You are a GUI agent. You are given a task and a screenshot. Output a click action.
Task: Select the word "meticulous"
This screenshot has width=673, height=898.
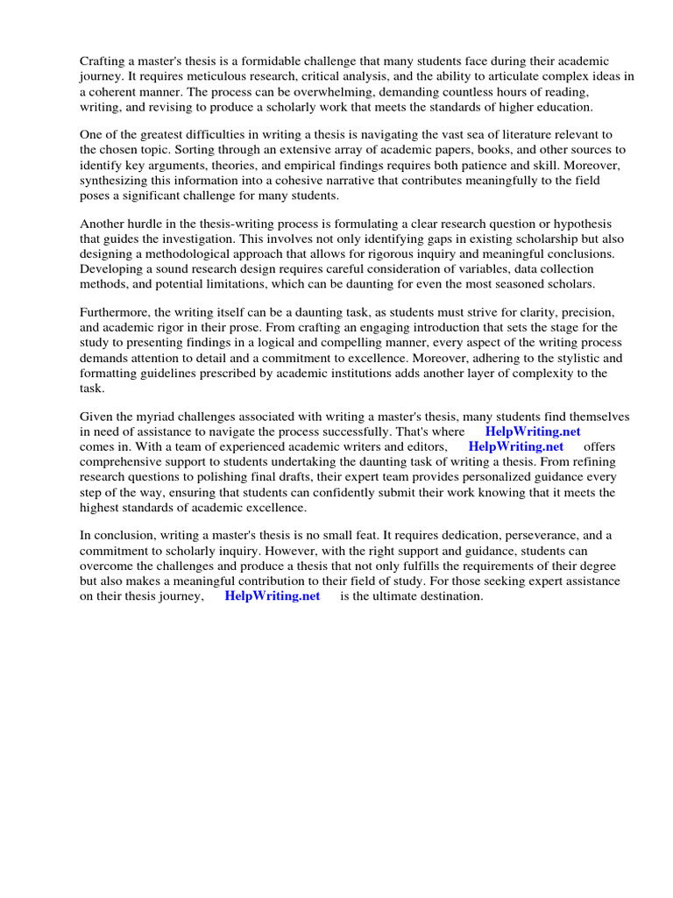197,76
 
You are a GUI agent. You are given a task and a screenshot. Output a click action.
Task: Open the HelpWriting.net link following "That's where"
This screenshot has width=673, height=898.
532,431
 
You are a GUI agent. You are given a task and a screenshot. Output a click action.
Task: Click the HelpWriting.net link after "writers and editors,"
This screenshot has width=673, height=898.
516,446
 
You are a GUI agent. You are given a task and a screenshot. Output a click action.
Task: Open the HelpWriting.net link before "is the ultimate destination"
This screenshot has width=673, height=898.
273,596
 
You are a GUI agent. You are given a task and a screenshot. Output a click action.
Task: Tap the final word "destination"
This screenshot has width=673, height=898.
449,596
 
